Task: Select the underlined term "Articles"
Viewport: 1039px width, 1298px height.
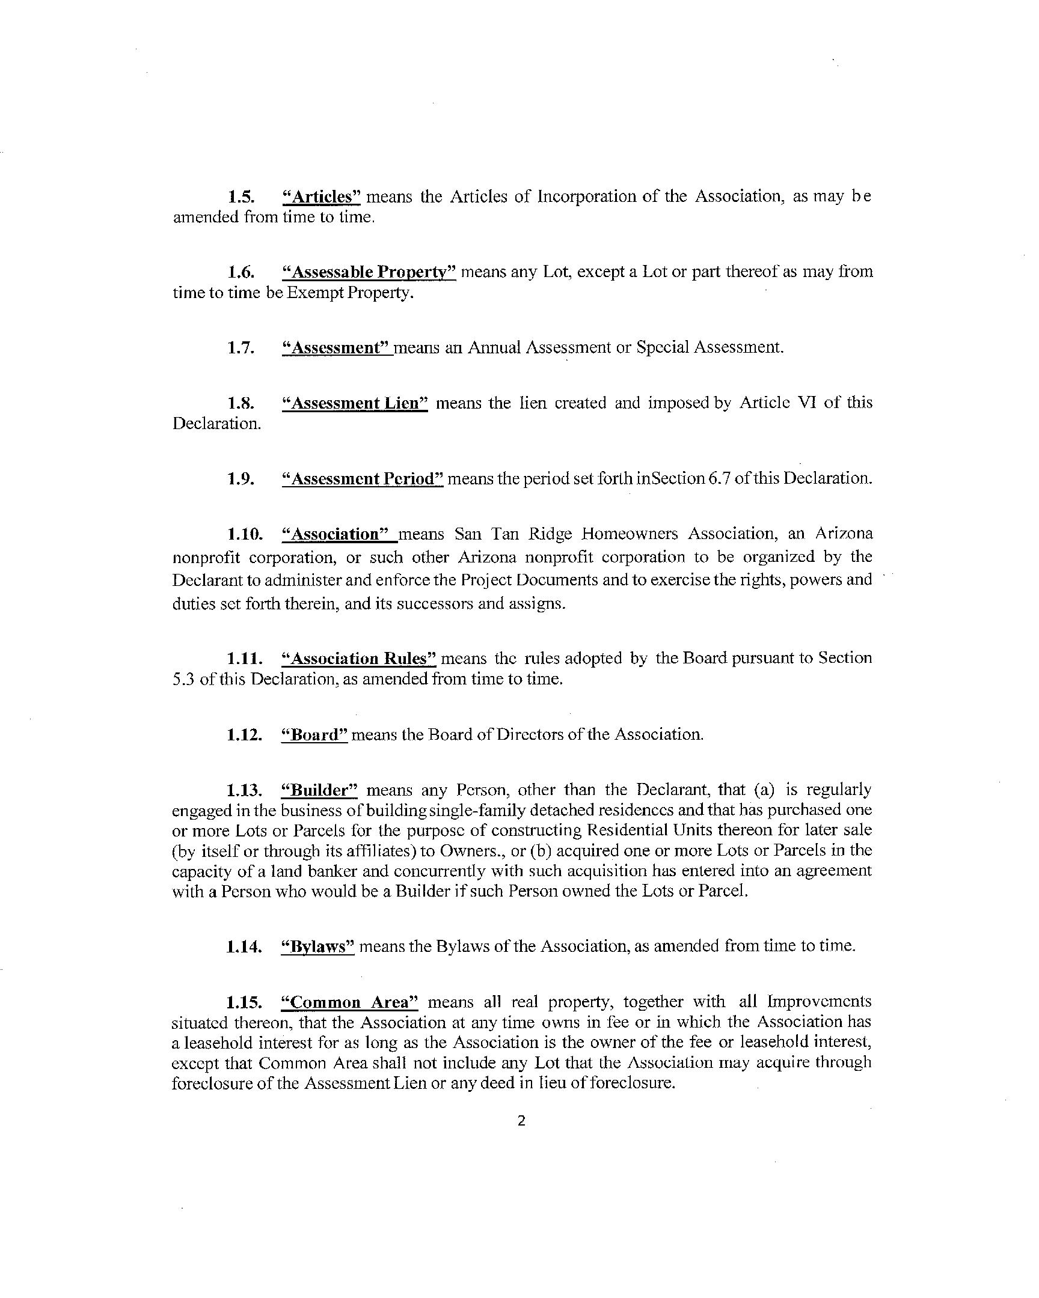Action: [321, 197]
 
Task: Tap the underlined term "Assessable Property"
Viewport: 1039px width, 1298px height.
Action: [369, 272]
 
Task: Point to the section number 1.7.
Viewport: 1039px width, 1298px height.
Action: [241, 348]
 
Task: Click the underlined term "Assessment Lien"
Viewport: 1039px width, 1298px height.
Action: [355, 403]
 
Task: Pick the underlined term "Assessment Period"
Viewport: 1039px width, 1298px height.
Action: [363, 478]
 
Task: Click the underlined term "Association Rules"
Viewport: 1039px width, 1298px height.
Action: [359, 658]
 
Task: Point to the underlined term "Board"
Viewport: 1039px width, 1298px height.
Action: [315, 734]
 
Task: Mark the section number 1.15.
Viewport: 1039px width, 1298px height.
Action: [244, 1002]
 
